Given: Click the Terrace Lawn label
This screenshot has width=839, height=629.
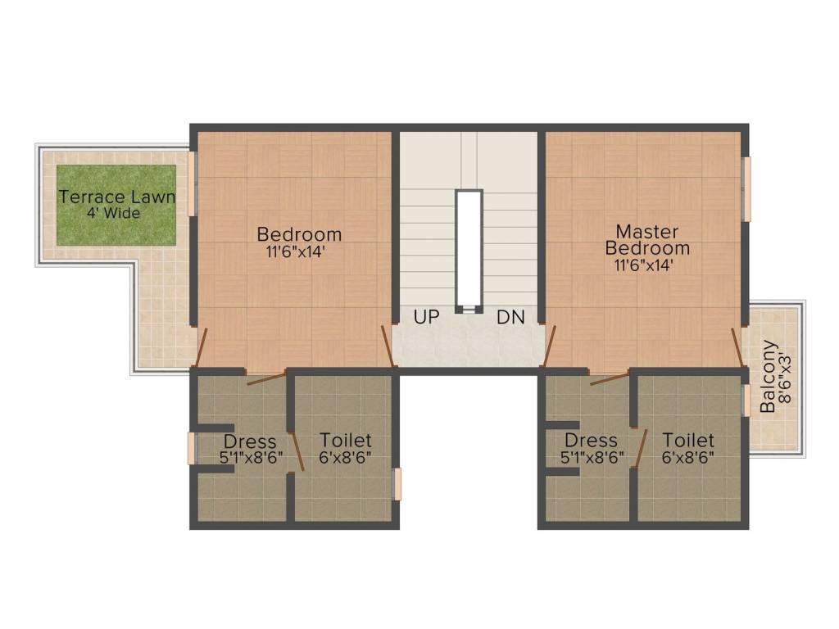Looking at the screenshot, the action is tap(117, 197).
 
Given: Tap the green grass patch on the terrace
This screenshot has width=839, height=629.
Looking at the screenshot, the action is tap(116, 206).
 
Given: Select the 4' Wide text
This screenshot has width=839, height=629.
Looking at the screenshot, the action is tap(114, 214).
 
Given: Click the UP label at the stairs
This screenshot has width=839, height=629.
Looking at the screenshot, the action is tap(426, 317).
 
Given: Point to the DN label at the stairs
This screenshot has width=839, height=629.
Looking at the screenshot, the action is tap(511, 317).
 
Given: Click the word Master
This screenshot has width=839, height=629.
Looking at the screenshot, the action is tap(647, 232).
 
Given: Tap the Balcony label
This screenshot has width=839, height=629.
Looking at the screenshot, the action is tap(768, 376).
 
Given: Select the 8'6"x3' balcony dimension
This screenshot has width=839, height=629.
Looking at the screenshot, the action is tap(784, 377).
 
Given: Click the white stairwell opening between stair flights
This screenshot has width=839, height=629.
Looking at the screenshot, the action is tap(469, 251).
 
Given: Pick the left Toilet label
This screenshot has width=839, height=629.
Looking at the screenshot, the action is tap(346, 440).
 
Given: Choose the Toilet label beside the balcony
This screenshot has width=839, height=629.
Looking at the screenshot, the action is tap(688, 440).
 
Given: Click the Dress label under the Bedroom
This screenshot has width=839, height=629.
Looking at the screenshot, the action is tap(250, 441).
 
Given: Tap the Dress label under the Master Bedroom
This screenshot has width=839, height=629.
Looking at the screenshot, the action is tap(592, 441).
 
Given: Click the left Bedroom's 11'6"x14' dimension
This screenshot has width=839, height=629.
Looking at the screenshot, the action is tap(296, 252).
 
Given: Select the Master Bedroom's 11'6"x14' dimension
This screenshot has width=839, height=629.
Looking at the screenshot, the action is tap(644, 265).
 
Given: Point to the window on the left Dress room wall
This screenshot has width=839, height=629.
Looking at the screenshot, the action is tap(192, 448).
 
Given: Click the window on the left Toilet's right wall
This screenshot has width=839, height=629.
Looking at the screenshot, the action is tap(397, 484).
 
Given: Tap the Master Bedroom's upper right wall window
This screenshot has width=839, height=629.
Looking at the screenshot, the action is tap(746, 189).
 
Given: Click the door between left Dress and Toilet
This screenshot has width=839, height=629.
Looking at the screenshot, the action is tap(297, 452).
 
